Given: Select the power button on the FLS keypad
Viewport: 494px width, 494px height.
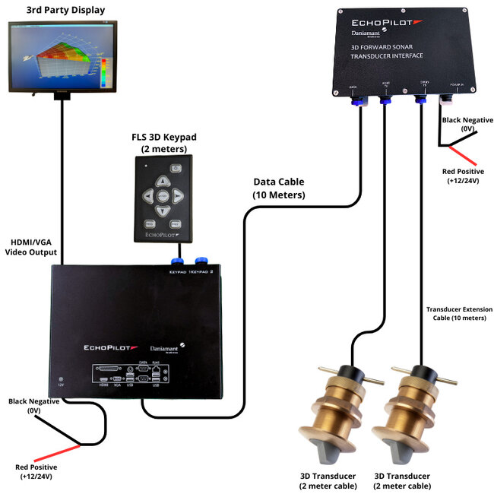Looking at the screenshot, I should click(176, 167).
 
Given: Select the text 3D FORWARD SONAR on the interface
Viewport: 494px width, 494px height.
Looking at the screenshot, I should click(387, 47).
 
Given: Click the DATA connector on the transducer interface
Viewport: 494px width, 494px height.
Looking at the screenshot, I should click(354, 97).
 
